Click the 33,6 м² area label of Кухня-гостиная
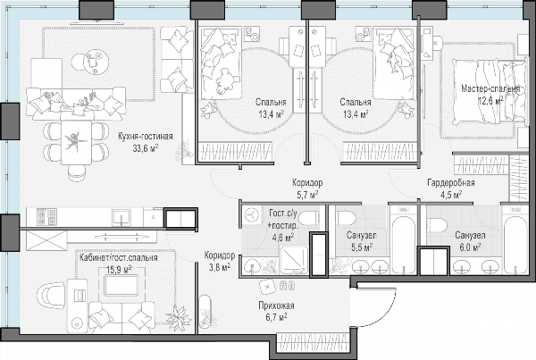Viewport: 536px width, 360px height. (146, 148)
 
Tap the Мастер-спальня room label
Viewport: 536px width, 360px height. (490, 89)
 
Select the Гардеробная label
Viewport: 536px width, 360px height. (451, 182)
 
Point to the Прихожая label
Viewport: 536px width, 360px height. (276, 306)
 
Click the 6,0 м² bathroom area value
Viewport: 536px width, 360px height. (471, 247)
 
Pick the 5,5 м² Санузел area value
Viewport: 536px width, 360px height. (362, 247)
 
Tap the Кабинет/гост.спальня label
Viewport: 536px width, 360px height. (118, 257)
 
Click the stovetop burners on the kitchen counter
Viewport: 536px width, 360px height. (46, 217)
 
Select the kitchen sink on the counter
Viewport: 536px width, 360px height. (121, 217)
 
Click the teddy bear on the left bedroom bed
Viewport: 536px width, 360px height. (225, 81)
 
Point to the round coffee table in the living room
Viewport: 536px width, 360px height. (90, 62)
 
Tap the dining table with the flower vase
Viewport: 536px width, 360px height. (76, 143)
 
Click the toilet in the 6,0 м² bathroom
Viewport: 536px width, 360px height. (437, 226)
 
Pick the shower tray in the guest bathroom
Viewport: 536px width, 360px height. (294, 260)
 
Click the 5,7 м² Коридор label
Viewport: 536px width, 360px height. (306, 188)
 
